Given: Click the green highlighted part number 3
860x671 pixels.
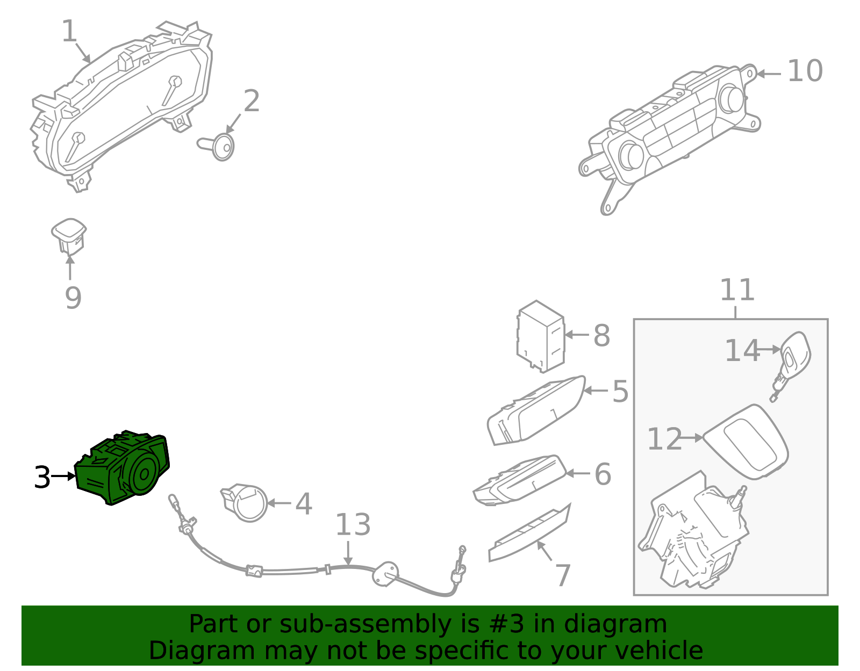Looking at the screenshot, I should pos(123,467).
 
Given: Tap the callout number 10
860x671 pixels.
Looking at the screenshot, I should pos(805,72).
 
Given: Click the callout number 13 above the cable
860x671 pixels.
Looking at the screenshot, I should pos(353,525).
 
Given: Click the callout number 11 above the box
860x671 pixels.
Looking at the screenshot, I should pos(737,291).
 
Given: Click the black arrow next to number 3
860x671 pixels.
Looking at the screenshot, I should pos(64,476).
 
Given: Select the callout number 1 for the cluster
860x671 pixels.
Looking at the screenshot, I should pos(69,32).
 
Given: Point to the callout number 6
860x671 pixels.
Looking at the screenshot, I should pos(603,474).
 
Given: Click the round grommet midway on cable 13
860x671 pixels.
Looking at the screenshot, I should pos(385,573).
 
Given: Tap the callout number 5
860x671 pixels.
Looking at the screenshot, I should pos(620,391).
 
